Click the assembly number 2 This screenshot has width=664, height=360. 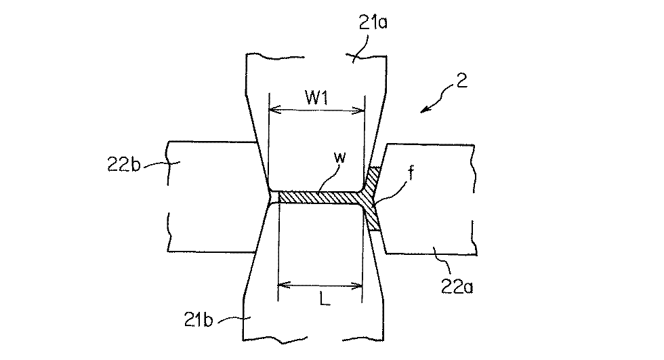click(x=461, y=83)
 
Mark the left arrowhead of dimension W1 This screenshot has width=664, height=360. click(x=272, y=110)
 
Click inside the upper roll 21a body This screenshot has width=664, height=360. click(x=315, y=149)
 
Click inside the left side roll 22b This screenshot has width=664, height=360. click(x=210, y=197)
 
